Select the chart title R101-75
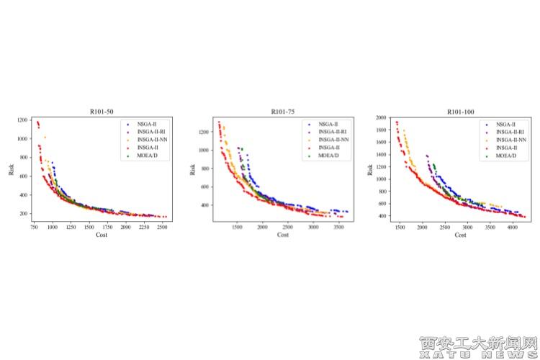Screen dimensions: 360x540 [x=283, y=112]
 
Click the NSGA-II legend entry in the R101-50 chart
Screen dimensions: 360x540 [x=147, y=125]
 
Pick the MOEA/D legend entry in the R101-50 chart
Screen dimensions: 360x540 [x=147, y=156]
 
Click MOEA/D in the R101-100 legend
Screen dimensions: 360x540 [x=508, y=156]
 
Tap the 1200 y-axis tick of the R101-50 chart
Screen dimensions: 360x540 [x=23, y=120]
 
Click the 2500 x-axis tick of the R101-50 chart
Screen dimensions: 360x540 [x=162, y=227]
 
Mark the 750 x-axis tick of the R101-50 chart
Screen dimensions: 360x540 [x=34, y=227]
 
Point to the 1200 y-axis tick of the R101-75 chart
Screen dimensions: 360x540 [x=205, y=132]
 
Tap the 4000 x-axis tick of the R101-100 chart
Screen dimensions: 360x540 [x=512, y=227]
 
